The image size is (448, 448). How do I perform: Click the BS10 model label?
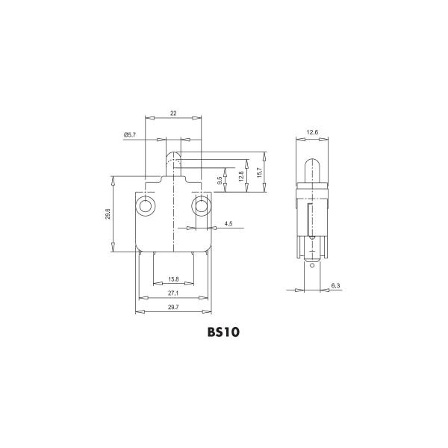(x=223, y=332)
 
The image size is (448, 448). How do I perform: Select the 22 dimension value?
(x=173, y=113)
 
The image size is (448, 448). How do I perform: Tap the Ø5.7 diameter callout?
(x=130, y=135)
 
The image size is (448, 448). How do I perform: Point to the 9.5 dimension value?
(x=220, y=181)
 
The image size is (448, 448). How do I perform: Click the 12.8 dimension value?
(x=241, y=176)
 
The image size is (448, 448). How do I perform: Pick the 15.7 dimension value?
(x=259, y=172)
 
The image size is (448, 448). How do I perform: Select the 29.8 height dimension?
(x=108, y=214)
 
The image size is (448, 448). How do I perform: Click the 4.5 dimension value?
(x=228, y=224)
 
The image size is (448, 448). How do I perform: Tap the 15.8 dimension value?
(x=173, y=279)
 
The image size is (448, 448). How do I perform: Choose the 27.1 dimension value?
(x=173, y=293)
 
